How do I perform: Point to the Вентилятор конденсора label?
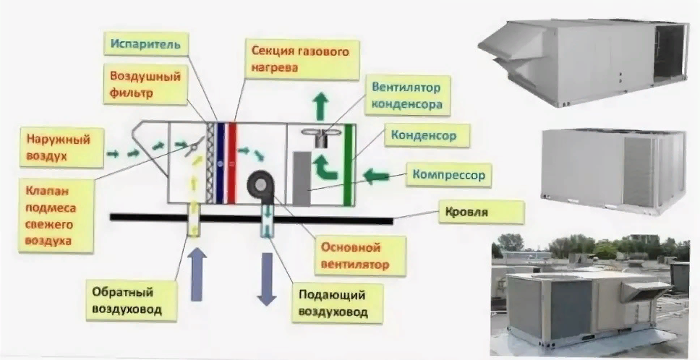pyautogui.click(x=406, y=95)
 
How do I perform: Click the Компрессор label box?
pyautogui.click(x=448, y=175)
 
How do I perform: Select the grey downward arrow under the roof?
pyautogui.click(x=267, y=279)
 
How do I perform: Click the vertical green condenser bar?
pyautogui.click(x=349, y=165)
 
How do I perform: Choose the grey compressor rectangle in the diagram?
pyautogui.click(x=302, y=178)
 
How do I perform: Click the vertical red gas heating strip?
pyautogui.click(x=231, y=163)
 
